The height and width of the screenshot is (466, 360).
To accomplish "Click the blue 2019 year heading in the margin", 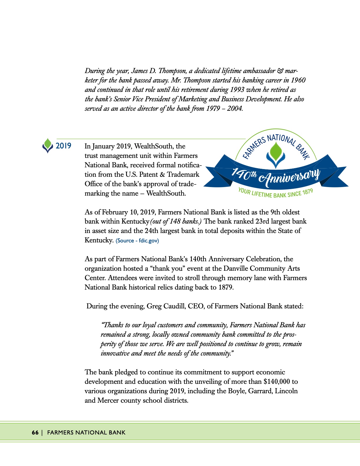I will click(63, 146).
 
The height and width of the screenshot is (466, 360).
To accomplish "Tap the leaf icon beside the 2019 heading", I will click(48, 146).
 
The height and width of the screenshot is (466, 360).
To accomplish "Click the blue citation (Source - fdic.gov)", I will click(137, 241).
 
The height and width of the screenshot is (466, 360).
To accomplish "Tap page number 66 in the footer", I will click(35, 432).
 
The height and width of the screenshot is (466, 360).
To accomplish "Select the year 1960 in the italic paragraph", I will click(298, 80).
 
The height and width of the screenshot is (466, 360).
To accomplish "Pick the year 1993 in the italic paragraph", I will click(237, 90).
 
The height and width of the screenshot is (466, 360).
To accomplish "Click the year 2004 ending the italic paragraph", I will click(235, 109).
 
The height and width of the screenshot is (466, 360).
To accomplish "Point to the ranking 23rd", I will click(259, 222).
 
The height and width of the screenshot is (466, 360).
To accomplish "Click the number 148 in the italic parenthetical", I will click(175, 222).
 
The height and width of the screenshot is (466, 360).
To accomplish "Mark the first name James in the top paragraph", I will click(140, 71).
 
